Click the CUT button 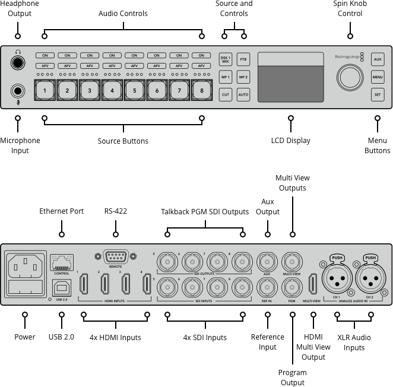pyautogui.click(x=225, y=94)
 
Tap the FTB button pyautogui.click(x=243, y=59)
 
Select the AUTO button pyautogui.click(x=243, y=94)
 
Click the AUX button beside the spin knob pyautogui.click(x=378, y=59)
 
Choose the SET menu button pyautogui.click(x=378, y=94)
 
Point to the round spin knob pyautogui.click(x=350, y=77)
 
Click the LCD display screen pyautogui.click(x=290, y=77)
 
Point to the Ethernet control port pyautogui.click(x=61, y=261)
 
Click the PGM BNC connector pyautogui.click(x=291, y=288)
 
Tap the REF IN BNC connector pyautogui.click(x=267, y=288)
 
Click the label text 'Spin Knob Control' pyautogui.click(x=350, y=8)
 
